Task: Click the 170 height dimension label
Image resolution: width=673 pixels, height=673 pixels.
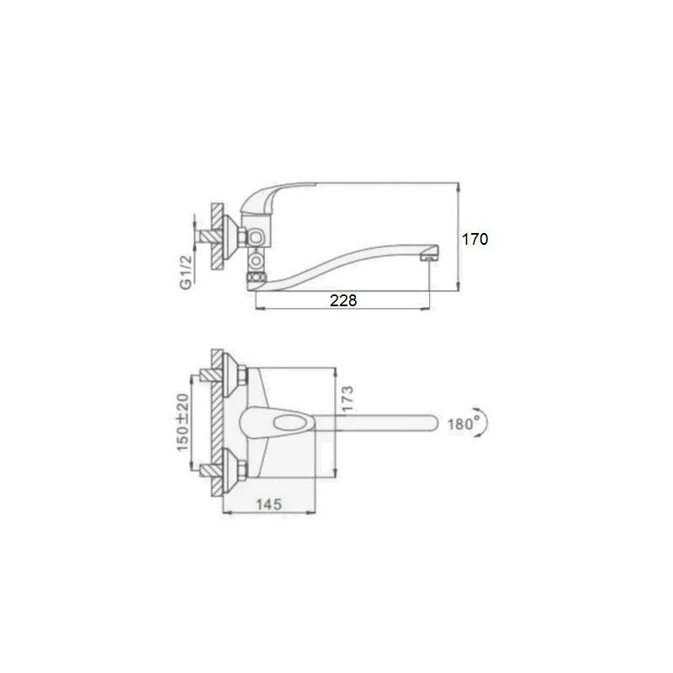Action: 474,239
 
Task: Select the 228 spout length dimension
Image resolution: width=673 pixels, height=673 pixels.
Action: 343,300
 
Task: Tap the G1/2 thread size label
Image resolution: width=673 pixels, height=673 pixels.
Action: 185,272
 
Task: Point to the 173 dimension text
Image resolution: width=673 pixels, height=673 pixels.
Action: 347,399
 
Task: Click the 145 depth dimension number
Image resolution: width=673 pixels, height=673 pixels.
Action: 269,504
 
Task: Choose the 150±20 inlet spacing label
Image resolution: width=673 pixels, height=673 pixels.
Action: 183,422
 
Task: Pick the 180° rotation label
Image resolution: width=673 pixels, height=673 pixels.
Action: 464,424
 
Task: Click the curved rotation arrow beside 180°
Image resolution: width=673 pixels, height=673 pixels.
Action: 483,422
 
